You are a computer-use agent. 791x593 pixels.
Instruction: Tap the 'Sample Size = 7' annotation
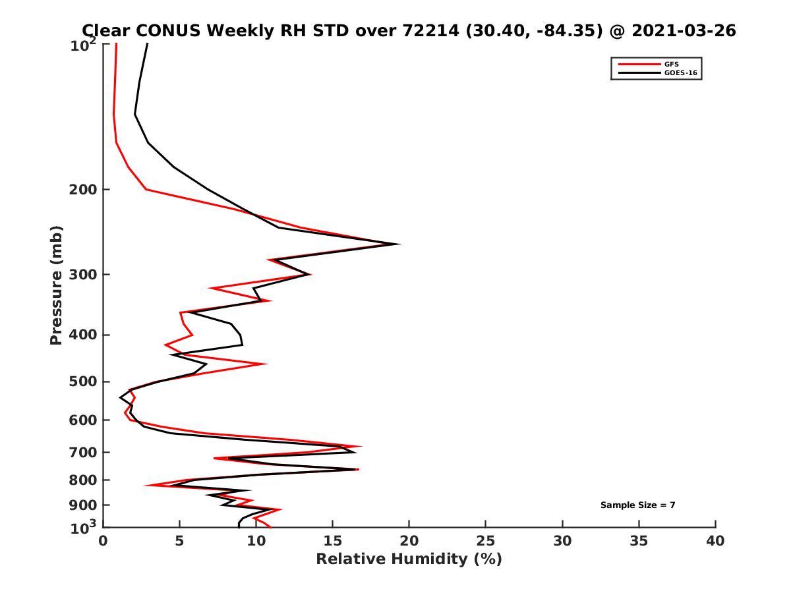[x=637, y=505]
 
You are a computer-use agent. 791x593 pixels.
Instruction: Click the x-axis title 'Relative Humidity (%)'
[x=409, y=559]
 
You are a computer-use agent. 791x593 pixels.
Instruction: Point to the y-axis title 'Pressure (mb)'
[x=56, y=285]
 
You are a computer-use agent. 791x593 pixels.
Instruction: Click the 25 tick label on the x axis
[x=485, y=541]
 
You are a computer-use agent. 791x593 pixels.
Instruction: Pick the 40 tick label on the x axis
[x=715, y=541]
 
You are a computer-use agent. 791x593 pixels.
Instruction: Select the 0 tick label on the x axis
[x=103, y=541]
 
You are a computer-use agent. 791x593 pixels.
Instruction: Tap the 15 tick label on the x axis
[x=332, y=541]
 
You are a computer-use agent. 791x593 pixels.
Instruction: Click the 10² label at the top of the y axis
[x=84, y=46]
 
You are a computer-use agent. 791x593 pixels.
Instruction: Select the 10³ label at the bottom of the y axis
[x=84, y=527]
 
